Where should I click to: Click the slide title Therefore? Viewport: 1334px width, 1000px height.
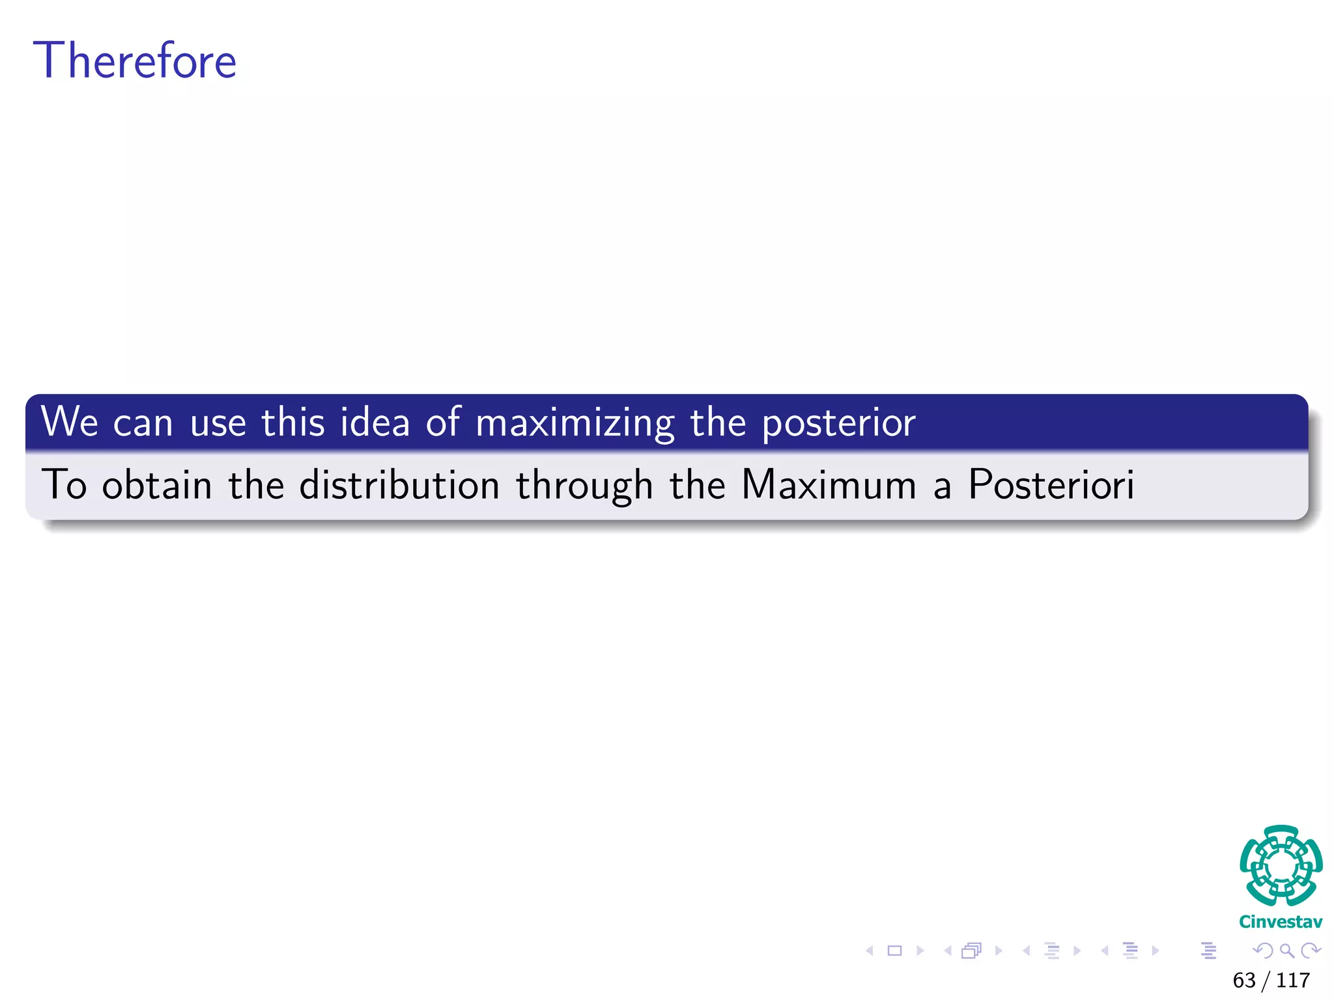pos(135,61)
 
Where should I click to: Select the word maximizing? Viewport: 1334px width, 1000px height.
pos(575,423)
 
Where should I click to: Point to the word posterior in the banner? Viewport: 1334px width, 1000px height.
pos(838,423)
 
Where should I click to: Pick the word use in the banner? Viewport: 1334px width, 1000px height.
pos(218,423)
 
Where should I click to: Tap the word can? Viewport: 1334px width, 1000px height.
pos(143,423)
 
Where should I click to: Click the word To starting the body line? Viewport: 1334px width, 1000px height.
pos(64,484)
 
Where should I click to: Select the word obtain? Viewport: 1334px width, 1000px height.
pos(157,484)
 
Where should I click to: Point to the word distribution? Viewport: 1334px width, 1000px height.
pos(399,484)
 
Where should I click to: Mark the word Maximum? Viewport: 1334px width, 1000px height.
pos(829,484)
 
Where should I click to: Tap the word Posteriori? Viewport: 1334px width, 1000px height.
pos(1051,484)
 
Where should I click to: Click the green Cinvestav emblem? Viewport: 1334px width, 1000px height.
pos(1281,866)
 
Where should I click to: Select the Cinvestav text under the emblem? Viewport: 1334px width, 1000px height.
pos(1281,922)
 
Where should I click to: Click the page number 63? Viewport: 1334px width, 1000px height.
pos(1243,980)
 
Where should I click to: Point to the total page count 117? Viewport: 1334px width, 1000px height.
pos(1293,980)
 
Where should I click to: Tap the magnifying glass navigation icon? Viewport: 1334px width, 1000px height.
pos(1286,951)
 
